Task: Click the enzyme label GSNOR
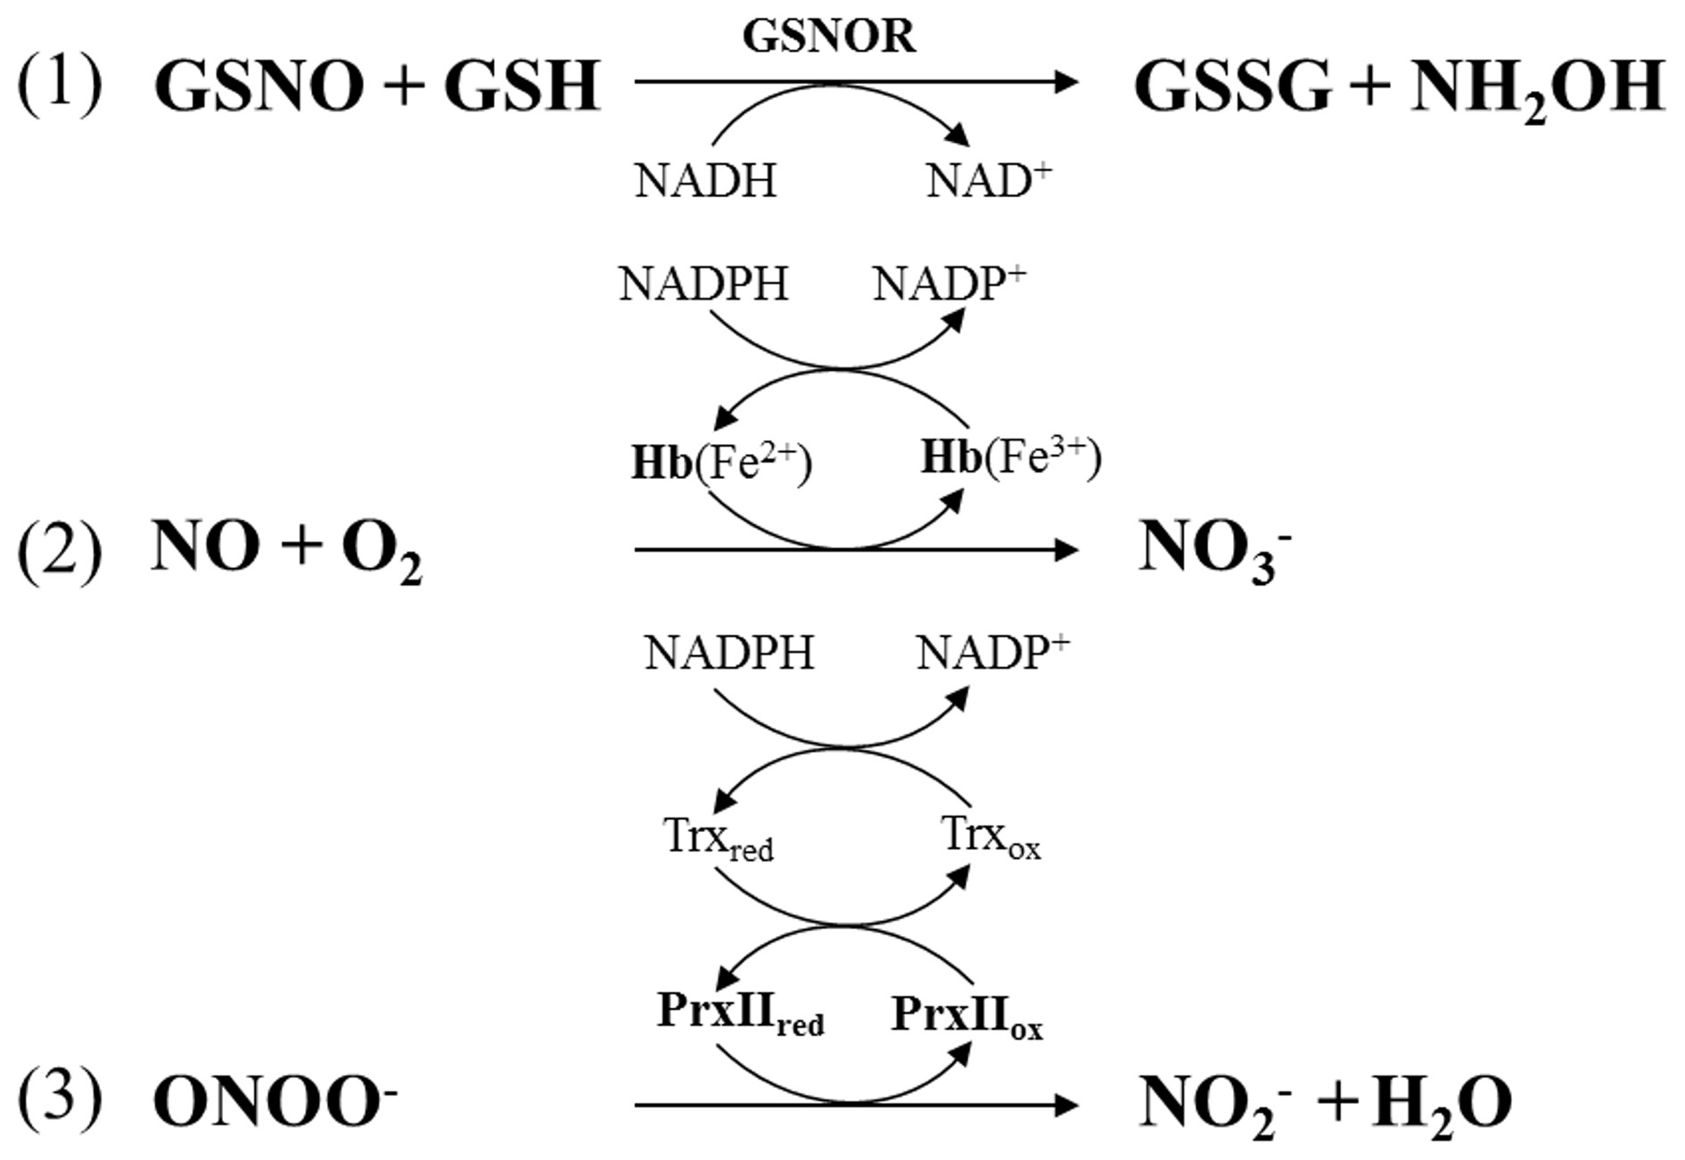coord(828,37)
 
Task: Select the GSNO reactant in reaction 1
coord(259,86)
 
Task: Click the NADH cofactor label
coord(705,181)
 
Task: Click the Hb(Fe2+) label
coord(720,464)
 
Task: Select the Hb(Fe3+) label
coord(1010,458)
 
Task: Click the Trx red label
coord(718,839)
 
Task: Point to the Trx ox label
coord(990,838)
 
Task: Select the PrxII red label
coord(740,1014)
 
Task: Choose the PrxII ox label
coord(966,1016)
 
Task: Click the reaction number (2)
coord(60,550)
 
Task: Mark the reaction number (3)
coord(60,1099)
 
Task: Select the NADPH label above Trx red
coord(728,654)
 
